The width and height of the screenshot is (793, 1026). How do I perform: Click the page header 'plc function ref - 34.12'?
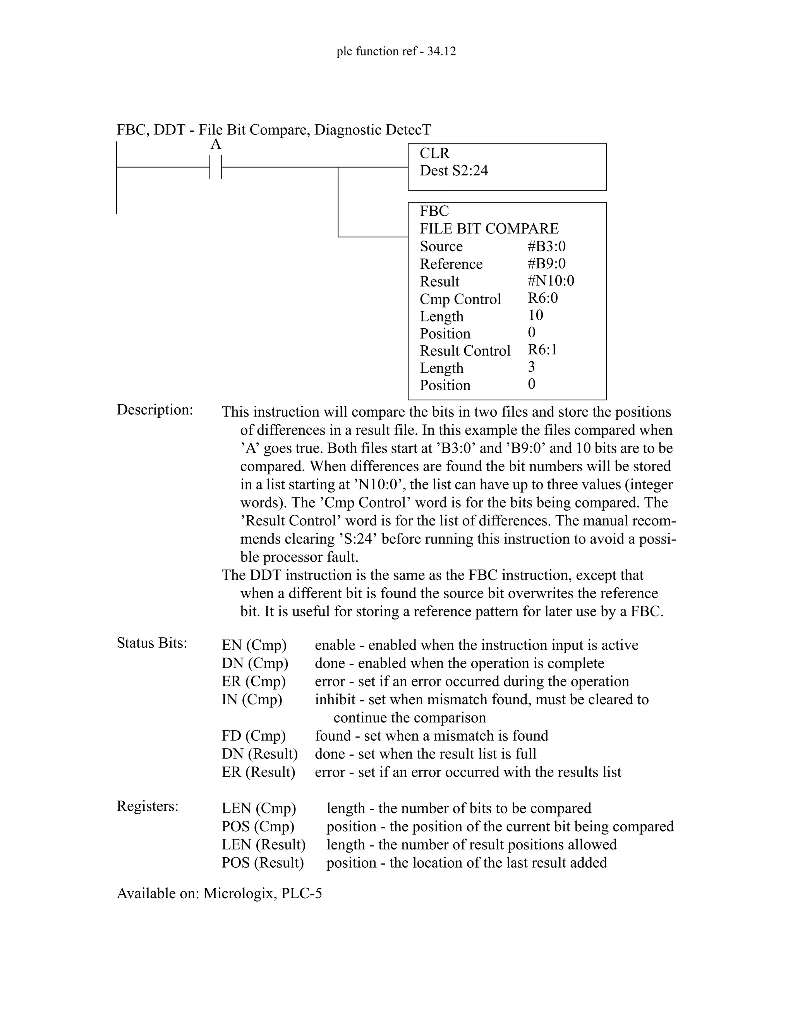pyautogui.click(x=396, y=51)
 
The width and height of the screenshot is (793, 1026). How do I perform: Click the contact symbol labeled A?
pyautogui.click(x=216, y=167)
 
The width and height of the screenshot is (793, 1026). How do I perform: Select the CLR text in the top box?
pyautogui.click(x=434, y=153)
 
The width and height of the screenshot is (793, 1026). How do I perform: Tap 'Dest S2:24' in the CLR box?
pyautogui.click(x=454, y=170)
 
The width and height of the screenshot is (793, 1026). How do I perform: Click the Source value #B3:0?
pyautogui.click(x=546, y=246)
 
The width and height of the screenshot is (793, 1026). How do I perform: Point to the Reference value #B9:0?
pyautogui.click(x=546, y=264)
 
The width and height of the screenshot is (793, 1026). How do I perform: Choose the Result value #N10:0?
pyautogui.click(x=551, y=281)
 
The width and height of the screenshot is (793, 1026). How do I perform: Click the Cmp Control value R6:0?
pyautogui.click(x=542, y=298)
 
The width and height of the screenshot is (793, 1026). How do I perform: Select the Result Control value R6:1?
pyautogui.click(x=542, y=350)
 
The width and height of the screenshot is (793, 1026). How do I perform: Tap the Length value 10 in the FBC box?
pyautogui.click(x=535, y=315)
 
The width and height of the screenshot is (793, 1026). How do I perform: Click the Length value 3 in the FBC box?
pyautogui.click(x=531, y=367)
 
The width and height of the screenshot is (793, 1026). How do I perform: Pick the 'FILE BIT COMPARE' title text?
pyautogui.click(x=489, y=229)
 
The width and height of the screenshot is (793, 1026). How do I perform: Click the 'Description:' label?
pyautogui.click(x=154, y=410)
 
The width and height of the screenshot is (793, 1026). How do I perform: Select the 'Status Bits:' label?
pyautogui.click(x=152, y=643)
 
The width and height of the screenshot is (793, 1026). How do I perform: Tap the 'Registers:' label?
pyautogui.click(x=148, y=806)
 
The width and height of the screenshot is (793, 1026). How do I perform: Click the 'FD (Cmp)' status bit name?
pyautogui.click(x=254, y=736)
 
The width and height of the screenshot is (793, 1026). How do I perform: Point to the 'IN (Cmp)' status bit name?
pyautogui.click(x=252, y=700)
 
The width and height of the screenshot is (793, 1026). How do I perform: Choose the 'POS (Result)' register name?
pyautogui.click(x=263, y=863)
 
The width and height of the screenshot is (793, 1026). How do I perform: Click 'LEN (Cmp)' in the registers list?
pyautogui.click(x=259, y=808)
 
